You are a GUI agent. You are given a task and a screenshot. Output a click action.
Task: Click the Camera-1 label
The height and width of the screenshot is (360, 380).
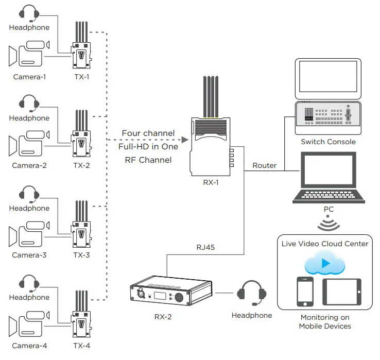29,77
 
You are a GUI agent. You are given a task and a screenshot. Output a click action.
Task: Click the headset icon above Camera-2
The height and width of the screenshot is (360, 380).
29,102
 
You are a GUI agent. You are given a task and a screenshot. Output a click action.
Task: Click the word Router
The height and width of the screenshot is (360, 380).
264,165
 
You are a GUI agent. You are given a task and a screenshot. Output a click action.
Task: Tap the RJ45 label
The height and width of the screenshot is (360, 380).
205,247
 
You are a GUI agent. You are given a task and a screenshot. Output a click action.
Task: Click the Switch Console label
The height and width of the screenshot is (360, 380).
328,142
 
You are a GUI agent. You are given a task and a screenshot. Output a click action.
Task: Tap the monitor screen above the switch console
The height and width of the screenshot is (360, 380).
328,78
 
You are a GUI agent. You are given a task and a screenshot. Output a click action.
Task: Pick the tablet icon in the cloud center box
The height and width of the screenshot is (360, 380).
341,292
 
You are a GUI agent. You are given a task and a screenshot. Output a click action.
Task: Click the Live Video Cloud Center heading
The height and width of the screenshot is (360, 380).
325,243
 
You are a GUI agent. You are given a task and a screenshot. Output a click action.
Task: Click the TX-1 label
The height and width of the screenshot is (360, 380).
81,77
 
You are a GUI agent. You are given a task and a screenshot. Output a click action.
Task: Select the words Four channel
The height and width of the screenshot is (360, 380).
148,133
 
